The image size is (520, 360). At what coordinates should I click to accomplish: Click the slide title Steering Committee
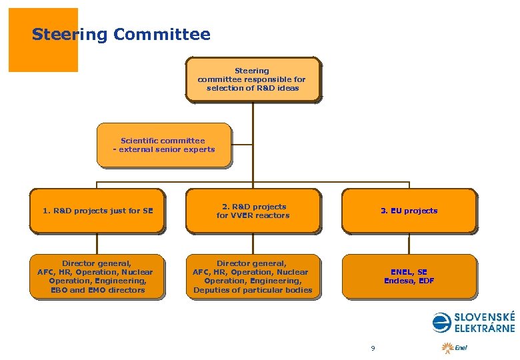[x=121, y=34]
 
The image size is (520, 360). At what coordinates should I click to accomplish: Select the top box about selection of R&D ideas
[x=252, y=79]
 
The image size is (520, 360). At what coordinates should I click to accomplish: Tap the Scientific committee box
[x=164, y=144]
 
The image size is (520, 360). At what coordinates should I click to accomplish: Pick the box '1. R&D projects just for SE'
[x=97, y=211]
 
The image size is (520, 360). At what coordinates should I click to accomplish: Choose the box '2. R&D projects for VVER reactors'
[x=253, y=211]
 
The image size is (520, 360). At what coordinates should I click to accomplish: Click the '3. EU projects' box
[x=409, y=211]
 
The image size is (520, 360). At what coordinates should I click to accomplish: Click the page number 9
[x=373, y=348]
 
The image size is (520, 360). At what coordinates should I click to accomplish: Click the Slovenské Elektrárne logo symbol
[x=441, y=323]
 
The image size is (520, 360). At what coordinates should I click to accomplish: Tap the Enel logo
[x=455, y=347]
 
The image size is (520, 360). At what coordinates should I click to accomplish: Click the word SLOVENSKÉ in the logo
[x=485, y=317]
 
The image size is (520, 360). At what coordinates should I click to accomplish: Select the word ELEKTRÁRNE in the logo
[x=485, y=328]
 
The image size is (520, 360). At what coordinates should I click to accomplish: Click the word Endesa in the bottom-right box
[x=399, y=281]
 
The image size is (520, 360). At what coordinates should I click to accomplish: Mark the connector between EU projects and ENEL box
[x=409, y=243]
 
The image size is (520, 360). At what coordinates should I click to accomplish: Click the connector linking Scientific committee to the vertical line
[x=242, y=144]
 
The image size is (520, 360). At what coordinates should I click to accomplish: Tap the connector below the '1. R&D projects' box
[x=97, y=243]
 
